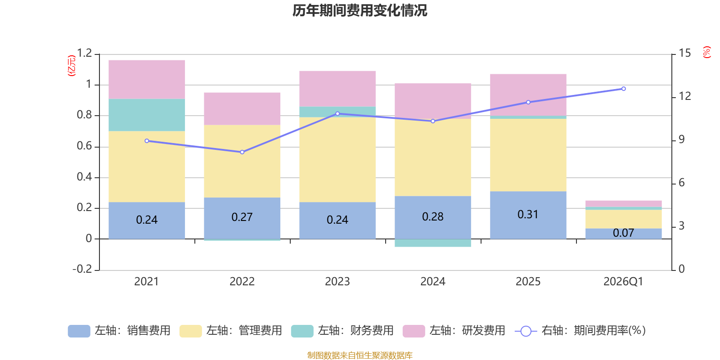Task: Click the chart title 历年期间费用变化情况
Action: [x=360, y=10]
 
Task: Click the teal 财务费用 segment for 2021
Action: [x=147, y=115]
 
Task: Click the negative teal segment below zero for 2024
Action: [x=433, y=243]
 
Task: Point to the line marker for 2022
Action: [x=242, y=152]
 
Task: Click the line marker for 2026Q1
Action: [x=623, y=89]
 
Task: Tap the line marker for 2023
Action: [x=337, y=113]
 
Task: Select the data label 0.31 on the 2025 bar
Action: [x=528, y=214]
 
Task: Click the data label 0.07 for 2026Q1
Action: [x=623, y=233]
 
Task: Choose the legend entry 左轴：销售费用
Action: [x=119, y=331]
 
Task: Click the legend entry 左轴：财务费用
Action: [x=342, y=331]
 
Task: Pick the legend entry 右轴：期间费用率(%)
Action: [x=580, y=331]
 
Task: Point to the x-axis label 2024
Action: [x=433, y=281]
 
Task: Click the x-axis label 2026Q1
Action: [x=623, y=281]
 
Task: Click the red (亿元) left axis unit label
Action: [x=72, y=66]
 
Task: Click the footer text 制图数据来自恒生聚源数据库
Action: [x=360, y=355]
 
